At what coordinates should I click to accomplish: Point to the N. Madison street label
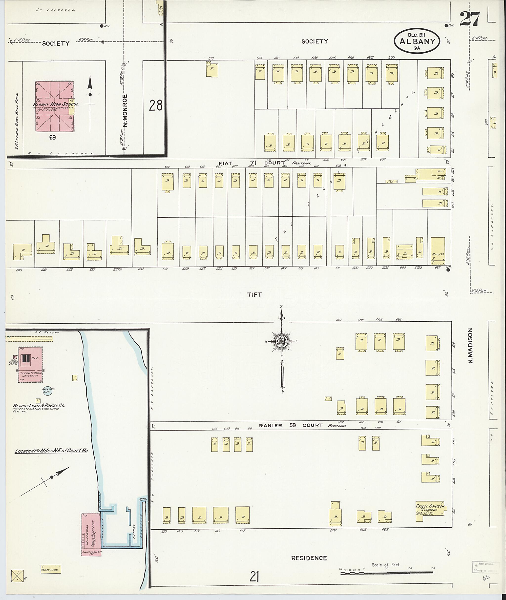pos(470,346)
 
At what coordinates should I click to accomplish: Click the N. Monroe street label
pos(125,110)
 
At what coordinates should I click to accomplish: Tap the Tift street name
pos(254,294)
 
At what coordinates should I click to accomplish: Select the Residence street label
pos(309,558)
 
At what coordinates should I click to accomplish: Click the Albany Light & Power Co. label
pos(39,406)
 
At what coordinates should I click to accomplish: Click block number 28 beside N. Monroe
pos(155,105)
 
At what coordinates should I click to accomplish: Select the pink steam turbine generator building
pos(30,364)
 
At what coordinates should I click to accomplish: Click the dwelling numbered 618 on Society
pos(212,70)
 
